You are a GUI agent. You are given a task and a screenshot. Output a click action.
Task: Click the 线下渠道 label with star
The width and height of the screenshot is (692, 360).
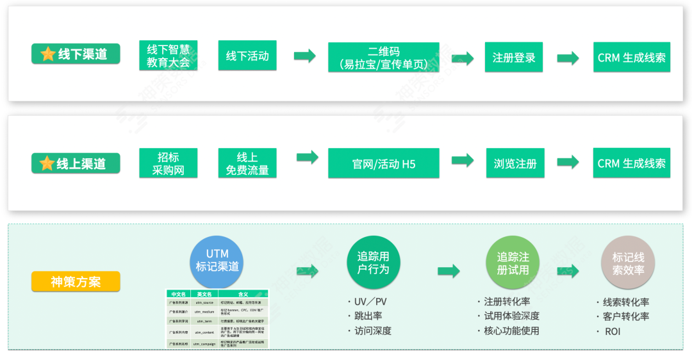[x=76, y=54]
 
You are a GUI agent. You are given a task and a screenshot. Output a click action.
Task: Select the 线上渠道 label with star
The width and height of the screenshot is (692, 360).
[x=76, y=163]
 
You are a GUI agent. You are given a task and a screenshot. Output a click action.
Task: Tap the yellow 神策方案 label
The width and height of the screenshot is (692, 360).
[x=76, y=281]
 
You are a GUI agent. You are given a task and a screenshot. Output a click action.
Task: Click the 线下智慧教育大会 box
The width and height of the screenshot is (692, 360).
[x=168, y=56]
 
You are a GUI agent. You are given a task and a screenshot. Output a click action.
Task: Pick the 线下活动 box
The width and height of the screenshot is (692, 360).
[x=247, y=56]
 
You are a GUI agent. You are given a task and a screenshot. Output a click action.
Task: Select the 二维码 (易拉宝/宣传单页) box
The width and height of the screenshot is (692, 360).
[x=383, y=57]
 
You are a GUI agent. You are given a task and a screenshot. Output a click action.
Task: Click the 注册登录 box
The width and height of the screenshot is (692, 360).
[x=514, y=58]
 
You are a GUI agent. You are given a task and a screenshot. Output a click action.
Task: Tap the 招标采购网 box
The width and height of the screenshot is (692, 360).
[x=168, y=163]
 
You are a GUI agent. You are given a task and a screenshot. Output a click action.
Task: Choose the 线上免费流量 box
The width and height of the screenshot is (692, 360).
[x=247, y=163]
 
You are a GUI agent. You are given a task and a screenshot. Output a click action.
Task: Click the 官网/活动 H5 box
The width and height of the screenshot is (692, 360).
[x=383, y=163]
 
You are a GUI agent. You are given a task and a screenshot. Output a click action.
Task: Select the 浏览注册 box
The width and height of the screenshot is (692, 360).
[x=515, y=163]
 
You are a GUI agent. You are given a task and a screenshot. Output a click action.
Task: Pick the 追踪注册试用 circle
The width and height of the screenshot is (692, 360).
[x=513, y=263]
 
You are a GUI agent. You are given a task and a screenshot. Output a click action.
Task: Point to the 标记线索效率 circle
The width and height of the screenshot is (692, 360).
[x=628, y=263]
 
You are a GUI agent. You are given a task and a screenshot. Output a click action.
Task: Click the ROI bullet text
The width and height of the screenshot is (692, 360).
[x=612, y=331]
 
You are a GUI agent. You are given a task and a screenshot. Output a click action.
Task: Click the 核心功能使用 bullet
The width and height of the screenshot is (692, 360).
[x=511, y=331]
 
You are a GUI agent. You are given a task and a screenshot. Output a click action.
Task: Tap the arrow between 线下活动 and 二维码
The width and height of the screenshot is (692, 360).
[x=305, y=56]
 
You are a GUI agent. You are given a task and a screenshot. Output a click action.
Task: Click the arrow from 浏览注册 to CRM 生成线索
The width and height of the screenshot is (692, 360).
[x=568, y=163]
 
